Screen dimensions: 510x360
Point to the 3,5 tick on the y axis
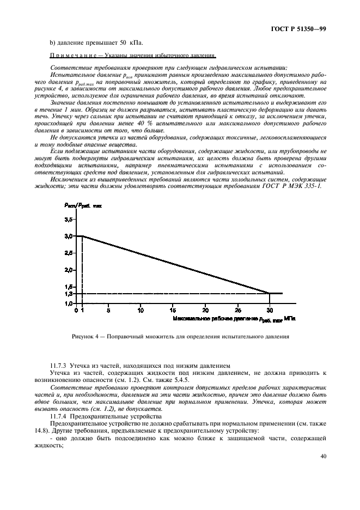(68, 219)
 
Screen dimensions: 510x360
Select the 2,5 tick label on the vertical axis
(68, 253)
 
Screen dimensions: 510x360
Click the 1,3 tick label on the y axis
(68, 294)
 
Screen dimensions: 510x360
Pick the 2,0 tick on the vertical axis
(68, 270)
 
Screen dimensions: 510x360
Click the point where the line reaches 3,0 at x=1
(82, 236)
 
